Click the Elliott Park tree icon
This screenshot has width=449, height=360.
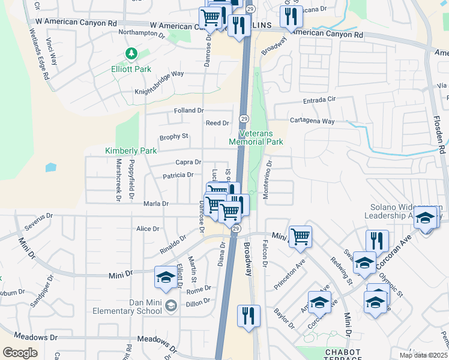point(131,55)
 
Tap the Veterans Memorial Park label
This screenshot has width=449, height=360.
point(256,137)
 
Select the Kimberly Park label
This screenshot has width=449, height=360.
point(131,151)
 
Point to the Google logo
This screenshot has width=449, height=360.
point(20,352)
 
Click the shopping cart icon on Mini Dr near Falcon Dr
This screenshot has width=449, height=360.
point(300,236)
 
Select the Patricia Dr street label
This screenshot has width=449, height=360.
point(178,175)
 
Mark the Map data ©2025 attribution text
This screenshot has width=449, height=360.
point(424,355)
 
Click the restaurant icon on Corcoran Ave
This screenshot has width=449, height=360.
point(376,241)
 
